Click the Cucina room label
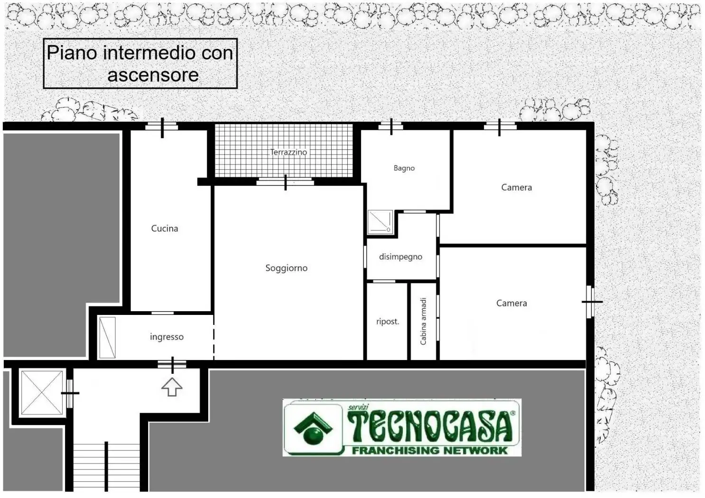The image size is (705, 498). (164, 229)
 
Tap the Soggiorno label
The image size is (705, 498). (287, 268)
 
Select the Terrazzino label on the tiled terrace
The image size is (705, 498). (288, 152)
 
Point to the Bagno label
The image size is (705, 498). (404, 168)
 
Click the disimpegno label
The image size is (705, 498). (400, 257)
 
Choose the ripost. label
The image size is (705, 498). (388, 322)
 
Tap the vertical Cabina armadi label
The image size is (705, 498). (423, 321)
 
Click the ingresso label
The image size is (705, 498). (167, 337)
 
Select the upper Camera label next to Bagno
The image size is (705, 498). (517, 187)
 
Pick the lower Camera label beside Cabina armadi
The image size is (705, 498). (511, 303)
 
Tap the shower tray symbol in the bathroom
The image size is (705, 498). (380, 222)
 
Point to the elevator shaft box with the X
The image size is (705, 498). (42, 393)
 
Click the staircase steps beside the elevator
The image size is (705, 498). (106, 467)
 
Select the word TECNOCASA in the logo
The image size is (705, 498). (430, 427)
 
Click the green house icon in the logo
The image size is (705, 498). (313, 428)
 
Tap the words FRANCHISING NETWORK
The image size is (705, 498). (430, 451)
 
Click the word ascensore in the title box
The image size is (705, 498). (153, 75)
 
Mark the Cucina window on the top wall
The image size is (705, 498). (162, 127)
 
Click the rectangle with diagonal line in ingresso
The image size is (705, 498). (107, 338)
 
